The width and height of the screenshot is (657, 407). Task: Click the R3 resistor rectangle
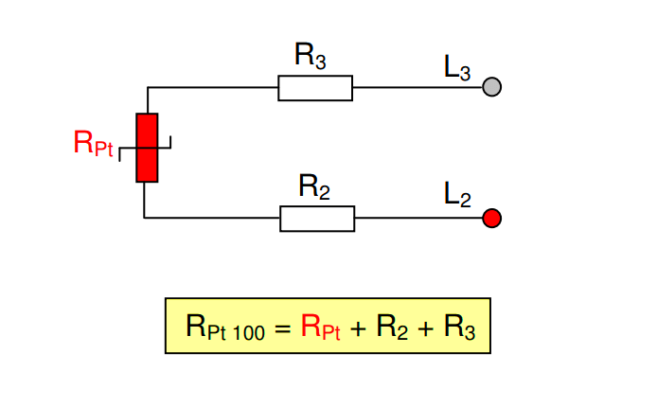coord(314,89)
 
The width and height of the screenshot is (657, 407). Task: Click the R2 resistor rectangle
coord(317,219)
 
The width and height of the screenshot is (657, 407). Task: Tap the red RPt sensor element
coord(147,148)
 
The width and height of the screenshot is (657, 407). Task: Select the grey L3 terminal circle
coord(491,87)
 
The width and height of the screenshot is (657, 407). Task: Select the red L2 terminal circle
coord(491,219)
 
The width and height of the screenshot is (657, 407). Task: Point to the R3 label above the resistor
coord(311,56)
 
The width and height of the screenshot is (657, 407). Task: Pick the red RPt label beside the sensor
coord(92,144)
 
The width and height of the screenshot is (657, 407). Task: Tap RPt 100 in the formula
coord(225,328)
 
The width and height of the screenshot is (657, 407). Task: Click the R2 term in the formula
coord(392,327)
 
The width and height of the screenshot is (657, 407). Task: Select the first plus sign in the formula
coord(359,327)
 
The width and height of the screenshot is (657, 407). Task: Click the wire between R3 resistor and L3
coord(417,88)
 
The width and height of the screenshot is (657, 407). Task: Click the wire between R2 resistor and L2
coord(418,219)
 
